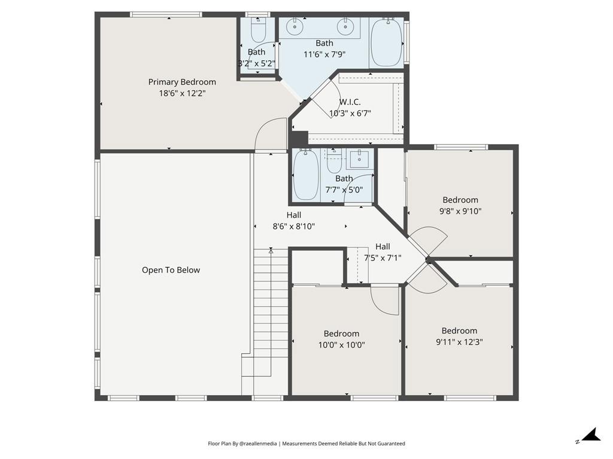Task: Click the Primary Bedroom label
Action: [182, 82]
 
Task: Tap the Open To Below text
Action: [171, 270]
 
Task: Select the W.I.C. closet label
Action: [350, 102]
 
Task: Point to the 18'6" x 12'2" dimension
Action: [182, 93]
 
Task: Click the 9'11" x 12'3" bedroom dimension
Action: [459, 342]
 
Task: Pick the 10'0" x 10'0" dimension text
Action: [341, 345]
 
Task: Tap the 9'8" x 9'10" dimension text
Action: [460, 211]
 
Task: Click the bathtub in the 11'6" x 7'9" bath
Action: [386, 42]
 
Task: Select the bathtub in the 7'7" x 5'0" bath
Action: [306, 175]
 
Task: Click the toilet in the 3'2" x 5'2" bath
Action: [258, 30]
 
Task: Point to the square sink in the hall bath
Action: [359, 158]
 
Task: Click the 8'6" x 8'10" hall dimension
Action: [293, 227]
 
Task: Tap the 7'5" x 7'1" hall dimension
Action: [383, 258]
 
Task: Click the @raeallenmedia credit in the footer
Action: [258, 444]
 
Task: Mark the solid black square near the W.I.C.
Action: [300, 139]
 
